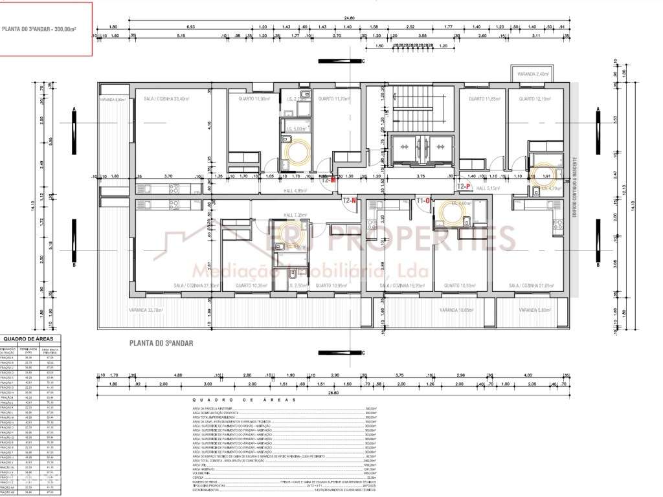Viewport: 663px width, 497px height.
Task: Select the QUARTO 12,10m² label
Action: [x=533, y=99]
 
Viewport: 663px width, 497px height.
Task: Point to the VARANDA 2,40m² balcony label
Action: [x=533, y=74]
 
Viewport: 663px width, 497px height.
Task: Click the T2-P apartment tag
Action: [x=464, y=186]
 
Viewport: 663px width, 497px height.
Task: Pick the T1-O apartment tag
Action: [x=423, y=201]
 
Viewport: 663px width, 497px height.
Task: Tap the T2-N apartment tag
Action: [x=350, y=201]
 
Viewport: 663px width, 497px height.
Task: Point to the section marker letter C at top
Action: [x=363, y=61]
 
